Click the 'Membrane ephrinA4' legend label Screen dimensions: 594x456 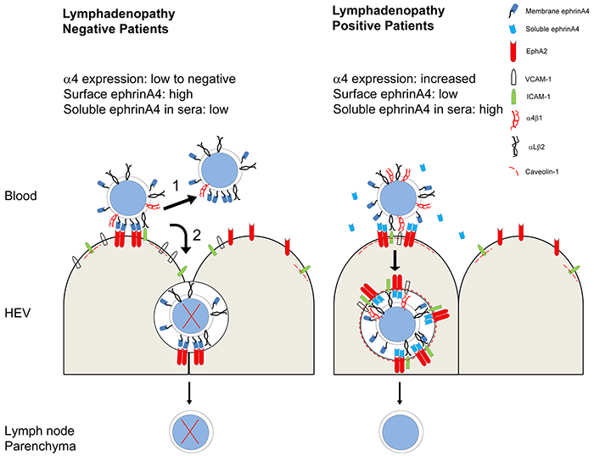[x=557, y=12]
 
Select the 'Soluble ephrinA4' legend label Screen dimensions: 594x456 [x=552, y=29]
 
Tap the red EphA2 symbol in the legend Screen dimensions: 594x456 [x=513, y=51]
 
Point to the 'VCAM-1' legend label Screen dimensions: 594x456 [x=538, y=80]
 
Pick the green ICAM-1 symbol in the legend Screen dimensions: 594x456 [x=513, y=97]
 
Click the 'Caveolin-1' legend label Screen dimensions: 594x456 [x=541, y=172]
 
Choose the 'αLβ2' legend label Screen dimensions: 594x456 [x=536, y=147]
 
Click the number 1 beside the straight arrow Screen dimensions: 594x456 [x=176, y=186]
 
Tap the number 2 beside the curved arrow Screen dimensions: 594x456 [x=197, y=236]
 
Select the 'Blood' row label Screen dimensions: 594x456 [x=21, y=196]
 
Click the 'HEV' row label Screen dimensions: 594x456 [x=18, y=314]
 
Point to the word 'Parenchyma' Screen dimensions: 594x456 [x=40, y=446]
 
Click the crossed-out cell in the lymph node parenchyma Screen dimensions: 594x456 [x=191, y=432]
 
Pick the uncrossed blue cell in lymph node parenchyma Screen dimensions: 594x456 [x=401, y=432]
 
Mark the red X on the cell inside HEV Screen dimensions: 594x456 [x=191, y=316]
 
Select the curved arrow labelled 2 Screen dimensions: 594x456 [x=185, y=237]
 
